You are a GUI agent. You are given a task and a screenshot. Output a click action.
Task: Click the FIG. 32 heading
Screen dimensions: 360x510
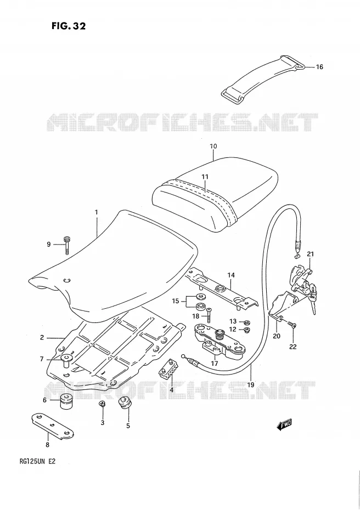coord(69,26)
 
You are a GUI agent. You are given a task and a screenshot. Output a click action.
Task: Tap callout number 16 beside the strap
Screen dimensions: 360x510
coord(319,67)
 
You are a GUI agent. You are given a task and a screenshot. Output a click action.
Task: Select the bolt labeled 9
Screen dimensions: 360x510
coord(67,244)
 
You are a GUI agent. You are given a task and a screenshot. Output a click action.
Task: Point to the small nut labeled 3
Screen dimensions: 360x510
coord(102,404)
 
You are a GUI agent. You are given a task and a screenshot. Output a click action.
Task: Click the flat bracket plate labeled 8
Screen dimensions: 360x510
coord(53,427)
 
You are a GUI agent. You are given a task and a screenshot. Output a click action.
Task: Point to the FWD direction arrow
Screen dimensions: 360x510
coord(284,425)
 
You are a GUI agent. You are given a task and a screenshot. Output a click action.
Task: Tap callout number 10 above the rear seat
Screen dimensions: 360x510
coord(213,146)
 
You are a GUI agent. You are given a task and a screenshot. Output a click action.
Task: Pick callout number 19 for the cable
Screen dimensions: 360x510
coord(250,385)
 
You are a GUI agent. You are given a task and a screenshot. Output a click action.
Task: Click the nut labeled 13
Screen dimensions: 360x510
coord(247,322)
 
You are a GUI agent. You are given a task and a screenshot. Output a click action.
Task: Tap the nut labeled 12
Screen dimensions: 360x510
coord(246,330)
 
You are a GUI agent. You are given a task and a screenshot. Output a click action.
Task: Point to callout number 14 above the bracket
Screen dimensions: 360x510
coord(231,275)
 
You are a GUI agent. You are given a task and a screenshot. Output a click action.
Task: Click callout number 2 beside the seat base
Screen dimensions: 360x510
coord(42,338)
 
